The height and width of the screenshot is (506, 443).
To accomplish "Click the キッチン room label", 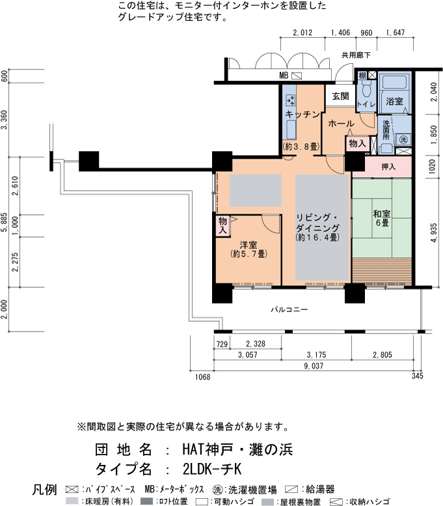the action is [x=302, y=114].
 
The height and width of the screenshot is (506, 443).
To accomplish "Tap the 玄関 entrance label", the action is [x=340, y=96].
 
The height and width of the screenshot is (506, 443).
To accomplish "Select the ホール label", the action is [x=341, y=124].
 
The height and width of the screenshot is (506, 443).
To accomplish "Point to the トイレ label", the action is [x=366, y=104].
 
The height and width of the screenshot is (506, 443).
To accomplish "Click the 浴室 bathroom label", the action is [x=395, y=102].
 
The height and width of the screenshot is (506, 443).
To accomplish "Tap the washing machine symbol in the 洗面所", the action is [x=404, y=140].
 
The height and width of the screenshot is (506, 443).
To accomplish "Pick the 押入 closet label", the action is [x=388, y=167].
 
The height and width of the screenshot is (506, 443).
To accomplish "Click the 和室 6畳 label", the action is [x=382, y=218].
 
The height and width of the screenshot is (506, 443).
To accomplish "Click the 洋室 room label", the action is [x=248, y=245].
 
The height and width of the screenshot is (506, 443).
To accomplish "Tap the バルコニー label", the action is [x=289, y=310].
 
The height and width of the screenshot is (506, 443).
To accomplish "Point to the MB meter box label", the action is [x=284, y=76].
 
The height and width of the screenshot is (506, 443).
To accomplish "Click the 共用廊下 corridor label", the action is [x=356, y=55].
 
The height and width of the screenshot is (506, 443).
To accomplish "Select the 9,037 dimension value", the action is [x=314, y=366].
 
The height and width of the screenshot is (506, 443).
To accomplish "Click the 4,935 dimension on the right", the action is [x=434, y=232].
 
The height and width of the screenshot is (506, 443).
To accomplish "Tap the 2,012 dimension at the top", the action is [x=302, y=33].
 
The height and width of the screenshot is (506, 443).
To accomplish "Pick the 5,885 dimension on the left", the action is [x=4, y=221].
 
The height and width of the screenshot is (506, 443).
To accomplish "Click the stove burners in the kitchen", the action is [x=291, y=100].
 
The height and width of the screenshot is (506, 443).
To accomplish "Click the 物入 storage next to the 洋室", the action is [x=222, y=225].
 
